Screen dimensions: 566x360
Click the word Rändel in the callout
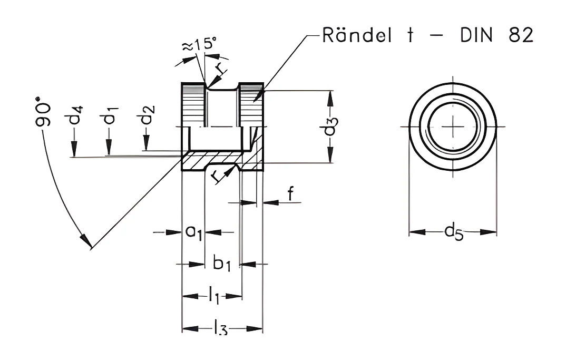[x=357, y=35]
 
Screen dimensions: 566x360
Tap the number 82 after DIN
[x=521, y=35]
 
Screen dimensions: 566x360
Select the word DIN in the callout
[x=476, y=35]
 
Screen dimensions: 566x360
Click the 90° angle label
[x=42, y=111]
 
